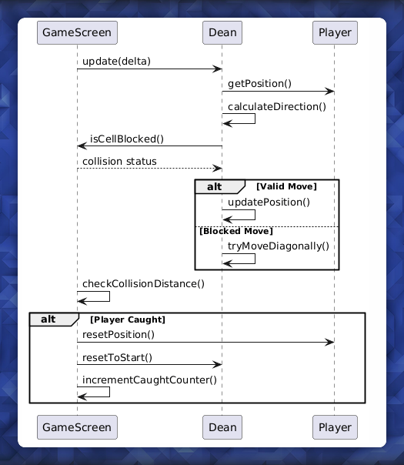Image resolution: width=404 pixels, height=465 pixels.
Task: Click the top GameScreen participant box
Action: point(77,32)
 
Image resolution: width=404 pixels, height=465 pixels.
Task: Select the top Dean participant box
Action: point(222,32)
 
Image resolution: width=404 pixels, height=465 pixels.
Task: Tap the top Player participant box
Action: point(335,32)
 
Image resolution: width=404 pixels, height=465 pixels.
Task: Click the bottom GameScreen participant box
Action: point(77,427)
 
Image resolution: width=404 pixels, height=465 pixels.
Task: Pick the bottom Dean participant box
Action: point(222,427)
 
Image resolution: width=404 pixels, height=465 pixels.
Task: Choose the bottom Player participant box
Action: point(335,427)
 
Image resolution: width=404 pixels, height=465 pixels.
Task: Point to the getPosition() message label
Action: point(259,84)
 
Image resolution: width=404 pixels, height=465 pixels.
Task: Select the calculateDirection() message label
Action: point(276,106)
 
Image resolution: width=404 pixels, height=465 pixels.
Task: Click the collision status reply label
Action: point(119,161)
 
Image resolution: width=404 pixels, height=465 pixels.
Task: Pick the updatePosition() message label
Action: point(269,202)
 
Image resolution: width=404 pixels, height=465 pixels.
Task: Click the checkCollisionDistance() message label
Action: point(143,283)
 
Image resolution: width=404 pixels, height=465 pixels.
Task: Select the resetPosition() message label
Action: point(119,334)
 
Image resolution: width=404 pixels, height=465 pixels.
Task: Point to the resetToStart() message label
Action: point(117,356)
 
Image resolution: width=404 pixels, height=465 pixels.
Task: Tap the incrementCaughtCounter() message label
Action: point(149,380)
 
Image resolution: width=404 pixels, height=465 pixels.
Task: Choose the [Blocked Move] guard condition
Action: point(235,231)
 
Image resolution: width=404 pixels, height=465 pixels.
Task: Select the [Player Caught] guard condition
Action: point(128,319)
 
